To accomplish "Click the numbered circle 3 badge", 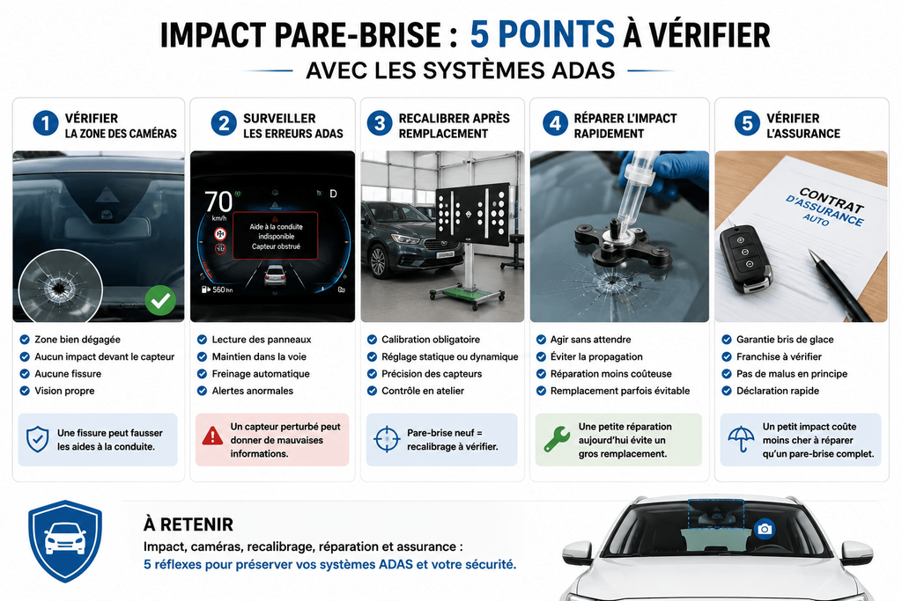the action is point(380,123).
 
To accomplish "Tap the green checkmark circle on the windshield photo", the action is point(160,300).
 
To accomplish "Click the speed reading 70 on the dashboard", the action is point(218,202).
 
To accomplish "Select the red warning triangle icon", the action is point(212,436).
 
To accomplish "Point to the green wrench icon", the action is point(557,439).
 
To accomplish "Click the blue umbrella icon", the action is point(741,439).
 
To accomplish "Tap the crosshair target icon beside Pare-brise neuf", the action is point(387,439).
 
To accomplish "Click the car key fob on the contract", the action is point(746,259).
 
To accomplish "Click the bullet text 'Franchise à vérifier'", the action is point(779,356).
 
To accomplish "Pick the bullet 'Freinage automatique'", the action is point(261,374).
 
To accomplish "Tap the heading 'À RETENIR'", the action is point(189,524).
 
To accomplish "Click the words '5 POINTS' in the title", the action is point(543,34).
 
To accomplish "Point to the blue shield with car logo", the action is point(65,541).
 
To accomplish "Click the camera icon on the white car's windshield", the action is point(765,529).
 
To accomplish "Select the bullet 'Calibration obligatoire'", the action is point(430,340).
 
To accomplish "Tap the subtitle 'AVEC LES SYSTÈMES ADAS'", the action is point(460,70).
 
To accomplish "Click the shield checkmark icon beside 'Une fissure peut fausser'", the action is point(37,440).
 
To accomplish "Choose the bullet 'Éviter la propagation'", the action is point(596,356).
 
